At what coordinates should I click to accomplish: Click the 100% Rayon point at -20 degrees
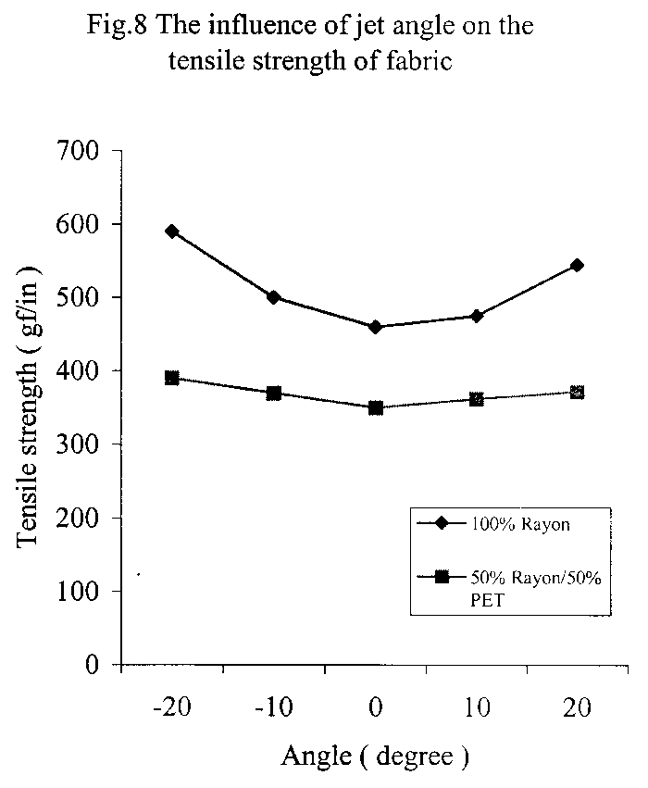172,231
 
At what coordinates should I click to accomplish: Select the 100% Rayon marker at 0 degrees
375,327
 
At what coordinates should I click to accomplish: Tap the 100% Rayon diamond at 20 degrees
578,266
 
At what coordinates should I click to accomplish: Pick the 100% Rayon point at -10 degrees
274,297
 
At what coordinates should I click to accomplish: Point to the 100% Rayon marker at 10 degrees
477,316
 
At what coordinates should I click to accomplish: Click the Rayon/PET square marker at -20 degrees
172,378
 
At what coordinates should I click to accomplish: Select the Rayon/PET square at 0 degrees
375,407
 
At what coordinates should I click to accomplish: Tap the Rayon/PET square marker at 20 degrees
578,393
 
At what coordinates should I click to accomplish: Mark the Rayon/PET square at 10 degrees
477,400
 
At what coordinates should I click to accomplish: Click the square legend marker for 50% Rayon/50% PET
442,577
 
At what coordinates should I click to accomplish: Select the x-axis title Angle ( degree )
375,757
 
